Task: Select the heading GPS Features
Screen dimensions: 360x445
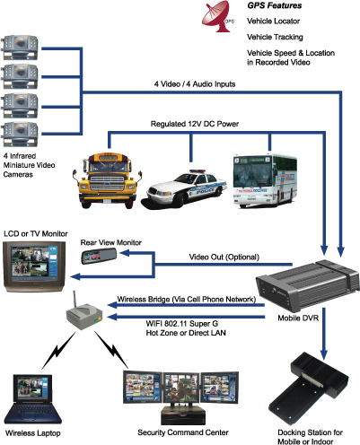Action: tap(275, 5)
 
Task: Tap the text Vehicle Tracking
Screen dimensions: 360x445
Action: tap(275, 37)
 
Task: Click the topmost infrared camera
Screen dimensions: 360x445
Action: tap(20, 48)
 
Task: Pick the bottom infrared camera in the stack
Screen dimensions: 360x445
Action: tap(20, 135)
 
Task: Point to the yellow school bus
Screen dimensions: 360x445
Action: tap(107, 180)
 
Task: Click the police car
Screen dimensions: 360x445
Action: tap(186, 188)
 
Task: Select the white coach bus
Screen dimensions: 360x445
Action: tap(265, 180)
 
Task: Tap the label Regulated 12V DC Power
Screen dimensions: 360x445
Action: tap(195, 124)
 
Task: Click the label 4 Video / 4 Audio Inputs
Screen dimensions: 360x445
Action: tap(195, 84)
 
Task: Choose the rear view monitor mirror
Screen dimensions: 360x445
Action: tap(100, 257)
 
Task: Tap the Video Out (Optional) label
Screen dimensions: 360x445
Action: tap(224, 257)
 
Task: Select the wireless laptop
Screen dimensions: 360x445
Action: tap(32, 398)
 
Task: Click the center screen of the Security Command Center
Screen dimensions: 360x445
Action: tap(180, 388)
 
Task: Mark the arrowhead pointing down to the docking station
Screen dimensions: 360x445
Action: tap(323, 353)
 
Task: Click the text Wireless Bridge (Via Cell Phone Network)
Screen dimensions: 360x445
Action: tap(187, 300)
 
